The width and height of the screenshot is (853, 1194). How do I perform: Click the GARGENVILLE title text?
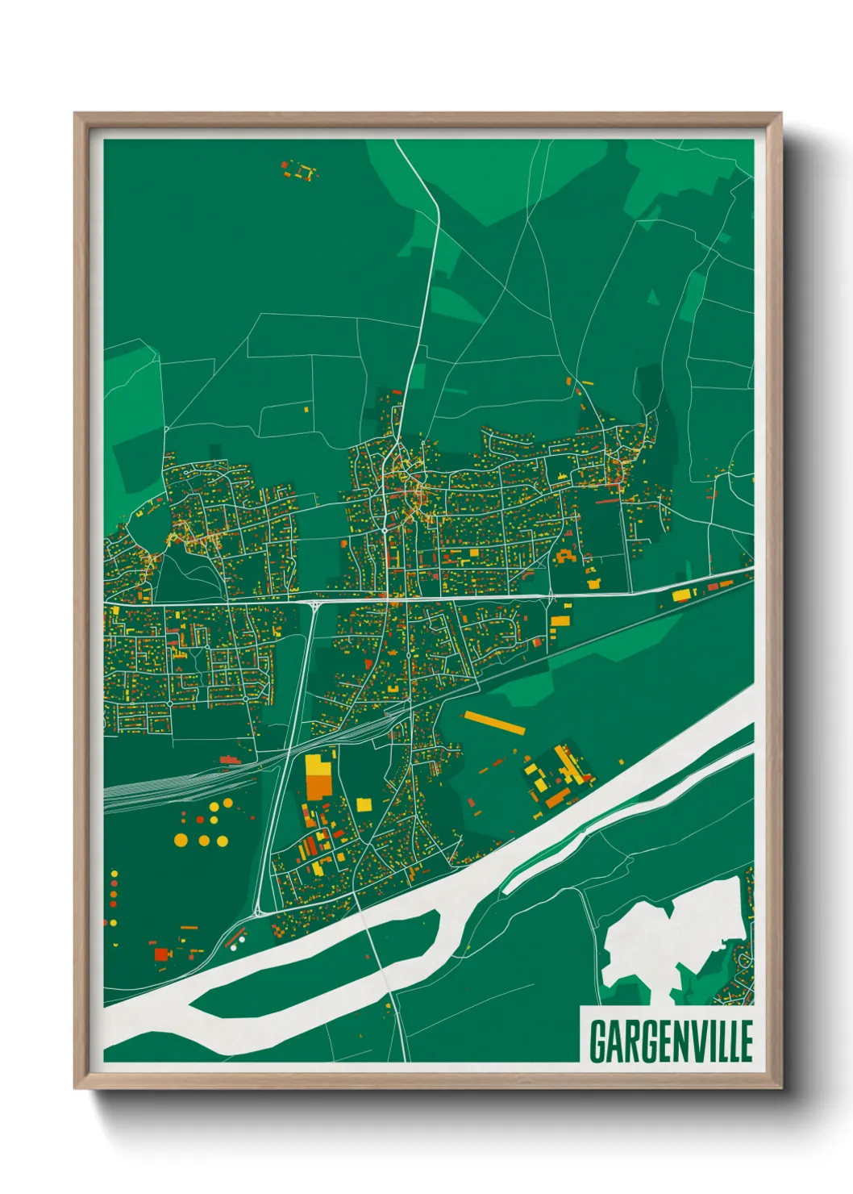coord(671,1041)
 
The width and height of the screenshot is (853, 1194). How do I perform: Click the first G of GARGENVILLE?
coord(598,1041)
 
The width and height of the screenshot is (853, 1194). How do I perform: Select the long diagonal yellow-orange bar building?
coord(494,723)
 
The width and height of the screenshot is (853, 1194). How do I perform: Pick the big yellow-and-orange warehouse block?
coord(318,776)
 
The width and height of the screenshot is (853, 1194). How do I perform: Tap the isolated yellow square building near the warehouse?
coord(364,804)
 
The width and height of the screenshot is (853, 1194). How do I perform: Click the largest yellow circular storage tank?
coord(181,840)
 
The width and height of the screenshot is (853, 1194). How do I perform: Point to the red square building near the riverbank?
coord(162,954)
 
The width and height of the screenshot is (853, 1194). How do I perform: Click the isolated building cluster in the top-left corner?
coord(299,170)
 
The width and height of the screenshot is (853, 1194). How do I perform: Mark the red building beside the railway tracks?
coord(230,760)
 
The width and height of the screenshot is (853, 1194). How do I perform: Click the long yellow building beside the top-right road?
coord(682,595)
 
